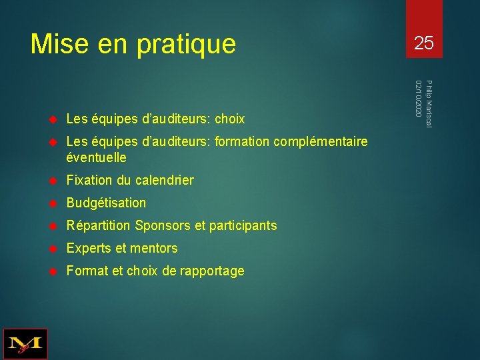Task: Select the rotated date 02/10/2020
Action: tap(418, 99)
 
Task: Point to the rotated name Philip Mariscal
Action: tap(429, 104)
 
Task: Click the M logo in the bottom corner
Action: tap(25, 344)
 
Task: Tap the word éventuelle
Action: tap(96, 158)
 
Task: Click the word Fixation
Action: tap(89, 180)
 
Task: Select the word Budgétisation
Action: tap(106, 203)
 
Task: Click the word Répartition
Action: tap(99, 225)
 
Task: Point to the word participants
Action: tap(243, 225)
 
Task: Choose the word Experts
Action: tap(89, 249)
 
